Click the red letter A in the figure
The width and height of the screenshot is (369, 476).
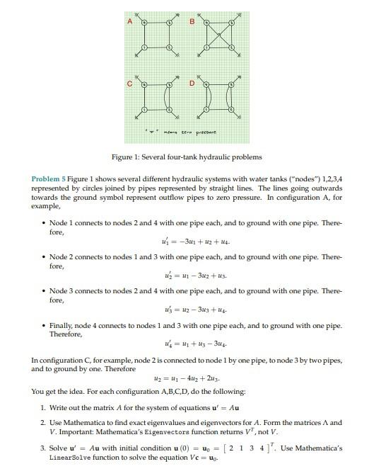(x=129, y=22)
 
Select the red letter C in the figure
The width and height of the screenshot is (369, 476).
(x=129, y=85)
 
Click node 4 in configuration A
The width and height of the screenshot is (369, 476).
(x=144, y=23)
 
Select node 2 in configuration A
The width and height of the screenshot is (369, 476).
(x=170, y=49)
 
